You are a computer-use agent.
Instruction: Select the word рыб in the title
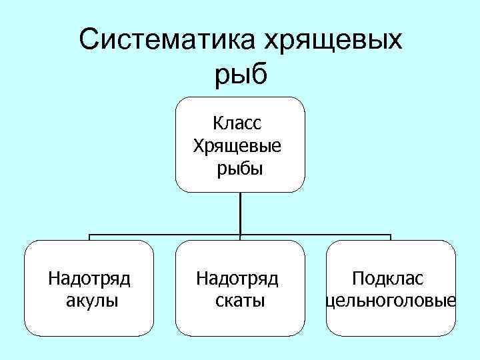pyautogui.click(x=241, y=75)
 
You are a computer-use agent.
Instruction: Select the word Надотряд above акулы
pyautogui.click(x=89, y=278)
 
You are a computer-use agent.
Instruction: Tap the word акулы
pyautogui.click(x=93, y=301)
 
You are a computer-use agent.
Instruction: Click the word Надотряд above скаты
pyautogui.click(x=237, y=278)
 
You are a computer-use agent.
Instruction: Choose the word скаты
pyautogui.click(x=240, y=301)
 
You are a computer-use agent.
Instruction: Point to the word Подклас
pyautogui.click(x=389, y=278)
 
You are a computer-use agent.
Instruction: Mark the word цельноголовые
pyautogui.click(x=391, y=301)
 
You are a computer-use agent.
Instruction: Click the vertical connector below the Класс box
pyautogui.click(x=240, y=213)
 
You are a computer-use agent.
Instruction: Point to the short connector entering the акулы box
pyautogui.click(x=90, y=238)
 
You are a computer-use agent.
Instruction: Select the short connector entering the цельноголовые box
pyautogui.click(x=391, y=238)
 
